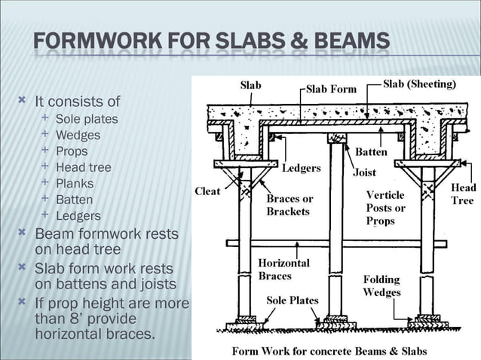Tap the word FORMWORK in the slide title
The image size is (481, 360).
[97, 41]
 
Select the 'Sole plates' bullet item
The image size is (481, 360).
[87, 119]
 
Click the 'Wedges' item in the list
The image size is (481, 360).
[78, 136]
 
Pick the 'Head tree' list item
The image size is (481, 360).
[84, 167]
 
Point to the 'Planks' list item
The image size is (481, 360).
[75, 184]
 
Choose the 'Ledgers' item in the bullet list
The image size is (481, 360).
[78, 216]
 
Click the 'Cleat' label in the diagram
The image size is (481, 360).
[207, 191]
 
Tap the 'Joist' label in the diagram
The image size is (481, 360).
[364, 172]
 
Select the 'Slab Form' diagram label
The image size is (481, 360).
[331, 89]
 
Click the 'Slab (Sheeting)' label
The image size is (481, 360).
[420, 84]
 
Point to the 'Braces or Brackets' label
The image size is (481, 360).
[290, 205]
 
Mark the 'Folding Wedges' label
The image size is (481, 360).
[382, 285]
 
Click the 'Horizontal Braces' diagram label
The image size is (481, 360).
[283, 270]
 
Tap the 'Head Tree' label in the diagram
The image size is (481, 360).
[463, 194]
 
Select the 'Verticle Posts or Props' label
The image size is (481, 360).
[385, 208]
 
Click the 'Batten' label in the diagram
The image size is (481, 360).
[371, 152]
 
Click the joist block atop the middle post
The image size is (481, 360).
[336, 138]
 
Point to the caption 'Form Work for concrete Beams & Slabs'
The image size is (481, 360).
[329, 351]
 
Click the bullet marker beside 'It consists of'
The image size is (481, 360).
[22, 99]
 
